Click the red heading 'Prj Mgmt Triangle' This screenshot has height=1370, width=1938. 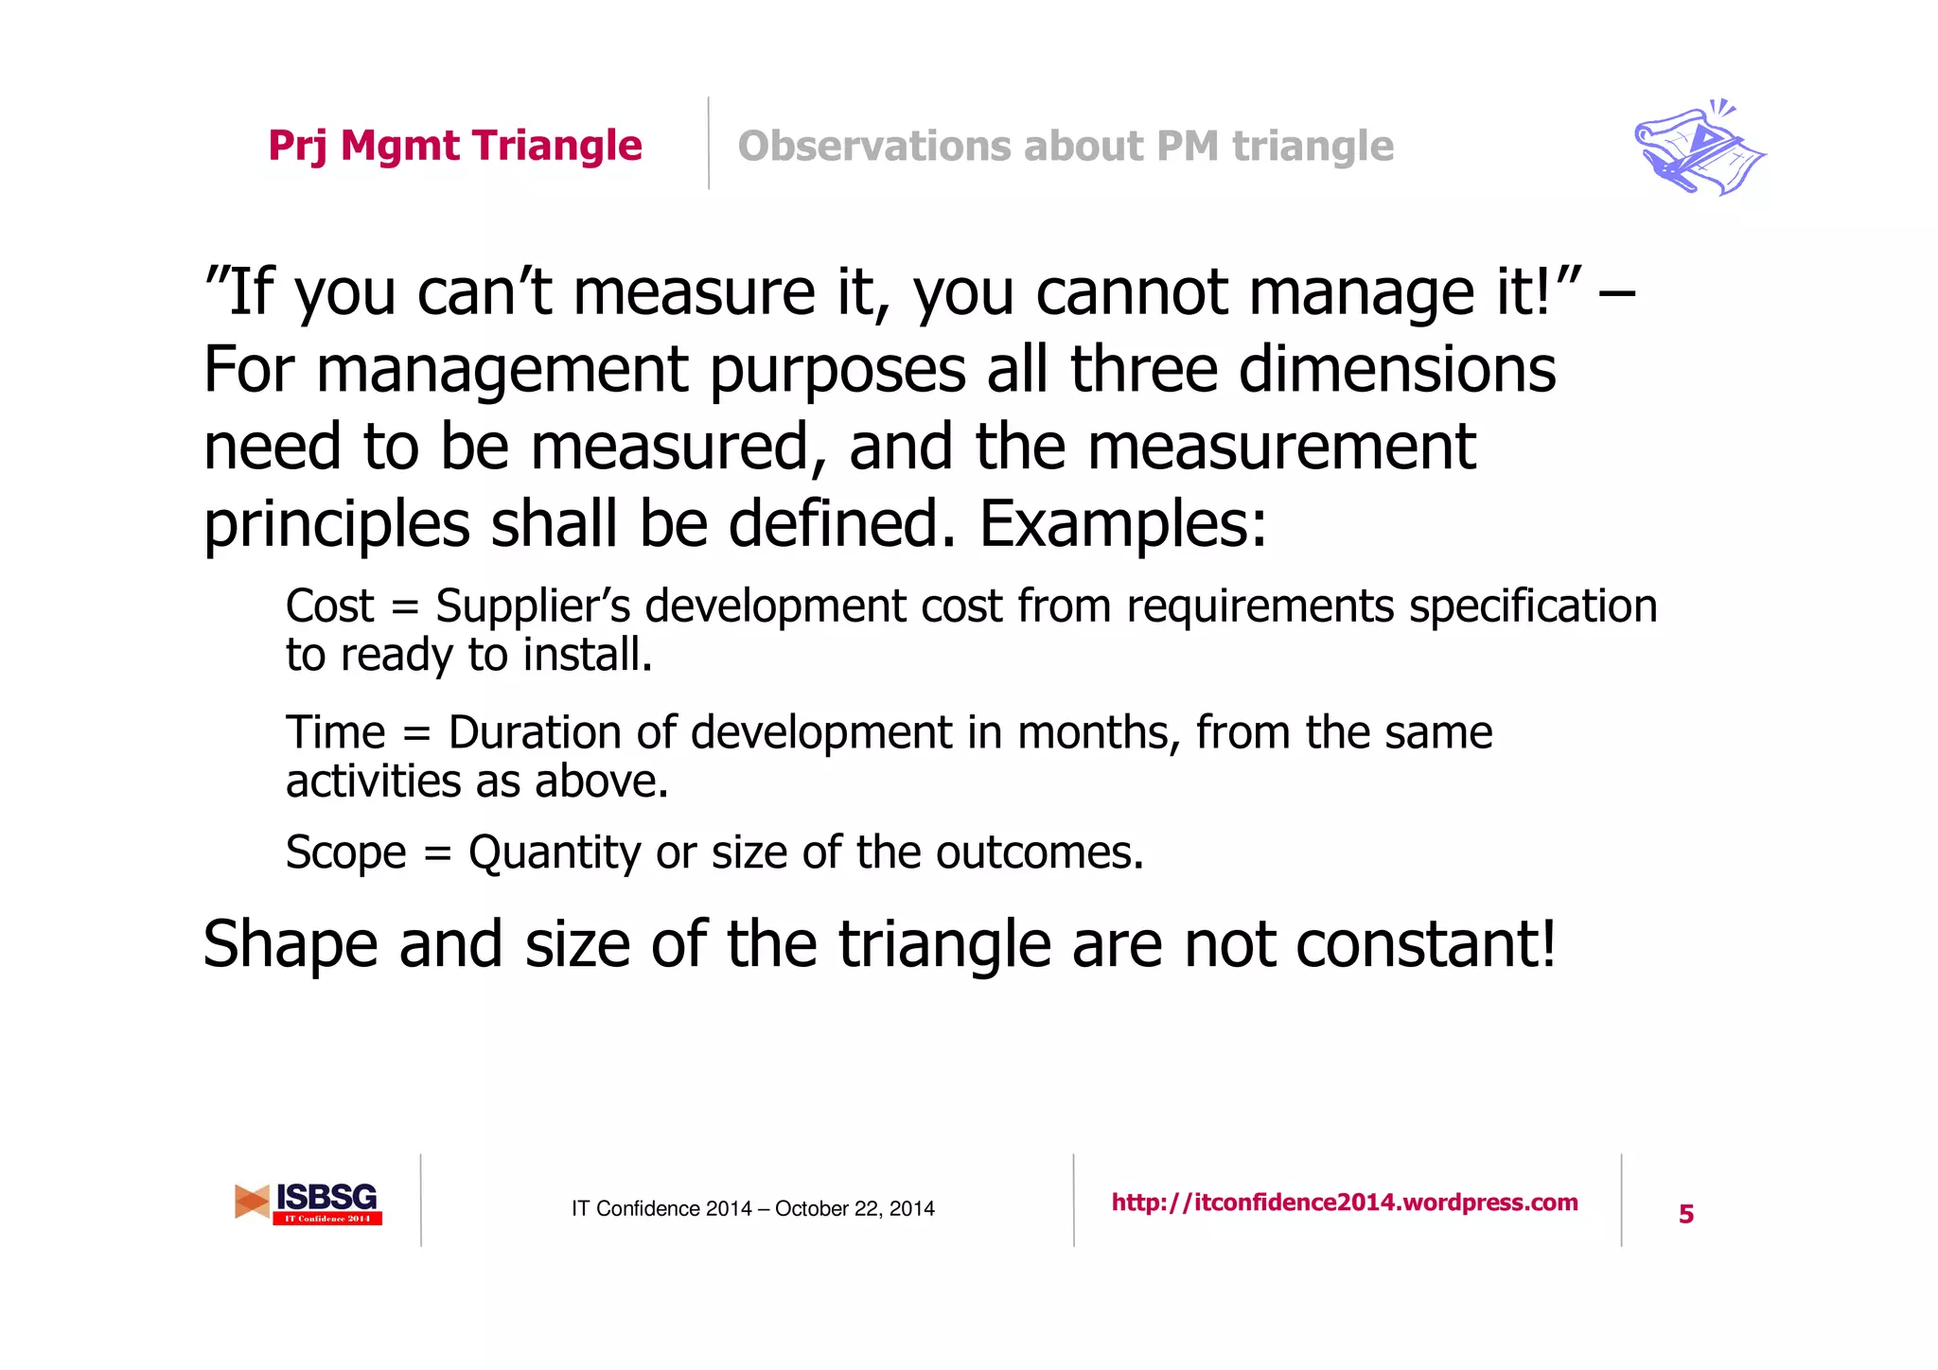455,146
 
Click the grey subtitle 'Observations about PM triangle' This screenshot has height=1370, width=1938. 1066,146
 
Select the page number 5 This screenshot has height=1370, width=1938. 1686,1214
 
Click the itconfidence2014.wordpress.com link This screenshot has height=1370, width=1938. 1345,1203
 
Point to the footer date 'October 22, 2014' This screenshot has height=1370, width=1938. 854,1209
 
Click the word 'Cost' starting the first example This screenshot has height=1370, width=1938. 329,606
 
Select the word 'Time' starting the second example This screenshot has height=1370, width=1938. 336,732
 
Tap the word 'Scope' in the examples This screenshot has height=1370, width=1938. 345,852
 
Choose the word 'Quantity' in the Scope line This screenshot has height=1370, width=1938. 555,852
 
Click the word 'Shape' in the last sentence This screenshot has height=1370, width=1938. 291,944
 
